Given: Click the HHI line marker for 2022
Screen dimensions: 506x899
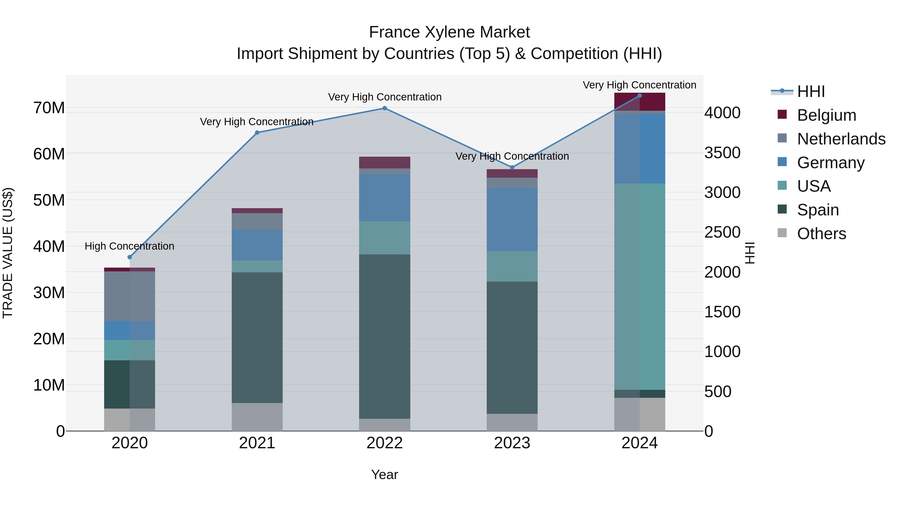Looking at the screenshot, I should pyautogui.click(x=385, y=108).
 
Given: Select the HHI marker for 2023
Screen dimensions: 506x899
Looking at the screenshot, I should pyautogui.click(x=512, y=167).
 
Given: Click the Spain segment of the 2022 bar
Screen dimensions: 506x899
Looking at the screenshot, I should pyautogui.click(x=385, y=336).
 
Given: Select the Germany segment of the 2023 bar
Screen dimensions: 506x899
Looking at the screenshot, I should pyautogui.click(x=512, y=219).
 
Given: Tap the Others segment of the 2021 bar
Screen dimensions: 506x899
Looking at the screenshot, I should pyautogui.click(x=257, y=417).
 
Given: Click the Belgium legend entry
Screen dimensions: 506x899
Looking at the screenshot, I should pyautogui.click(x=826, y=115).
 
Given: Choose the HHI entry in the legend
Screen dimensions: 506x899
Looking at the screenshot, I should pyautogui.click(x=811, y=91).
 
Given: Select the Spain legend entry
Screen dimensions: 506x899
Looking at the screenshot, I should pyautogui.click(x=818, y=210).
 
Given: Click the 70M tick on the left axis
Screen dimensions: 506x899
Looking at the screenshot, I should pyautogui.click(x=49, y=108).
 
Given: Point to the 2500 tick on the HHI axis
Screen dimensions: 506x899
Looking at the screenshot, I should pyautogui.click(x=722, y=232).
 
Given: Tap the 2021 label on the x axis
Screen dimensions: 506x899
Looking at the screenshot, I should pyautogui.click(x=257, y=443).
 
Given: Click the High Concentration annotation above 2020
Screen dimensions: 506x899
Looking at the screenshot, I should pyautogui.click(x=129, y=246).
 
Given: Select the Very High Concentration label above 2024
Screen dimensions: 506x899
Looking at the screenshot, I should pyautogui.click(x=639, y=85).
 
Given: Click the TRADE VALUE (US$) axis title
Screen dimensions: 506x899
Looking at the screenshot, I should pyautogui.click(x=8, y=253).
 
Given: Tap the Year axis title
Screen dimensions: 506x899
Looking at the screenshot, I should pyautogui.click(x=385, y=475).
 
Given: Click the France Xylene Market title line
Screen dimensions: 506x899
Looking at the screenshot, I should pyautogui.click(x=449, y=32).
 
